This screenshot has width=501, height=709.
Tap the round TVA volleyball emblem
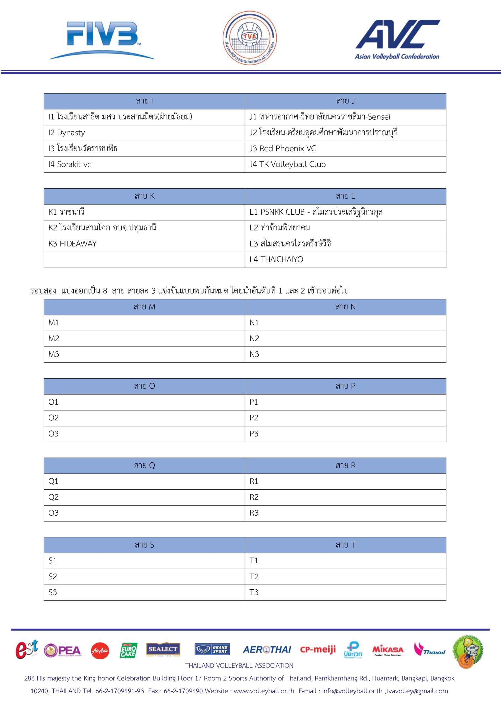250,38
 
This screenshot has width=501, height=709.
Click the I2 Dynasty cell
144,133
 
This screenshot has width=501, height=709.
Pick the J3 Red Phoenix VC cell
345,148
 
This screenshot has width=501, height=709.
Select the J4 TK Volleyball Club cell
345,165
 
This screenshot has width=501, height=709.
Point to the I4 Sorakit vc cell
144,165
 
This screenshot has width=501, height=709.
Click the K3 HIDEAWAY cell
144,244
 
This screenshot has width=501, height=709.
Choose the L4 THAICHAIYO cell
345,260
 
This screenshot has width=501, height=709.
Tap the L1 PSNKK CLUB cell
345,212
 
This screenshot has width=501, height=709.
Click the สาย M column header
144,307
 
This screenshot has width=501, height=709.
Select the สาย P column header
345,386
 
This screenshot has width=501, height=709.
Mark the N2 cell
345,339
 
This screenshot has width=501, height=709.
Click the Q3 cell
144,513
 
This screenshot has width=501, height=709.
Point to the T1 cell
345,561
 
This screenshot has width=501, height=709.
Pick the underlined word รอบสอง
43,291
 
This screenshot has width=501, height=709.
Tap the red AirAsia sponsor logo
100,651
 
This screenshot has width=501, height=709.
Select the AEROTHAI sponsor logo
267,650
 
